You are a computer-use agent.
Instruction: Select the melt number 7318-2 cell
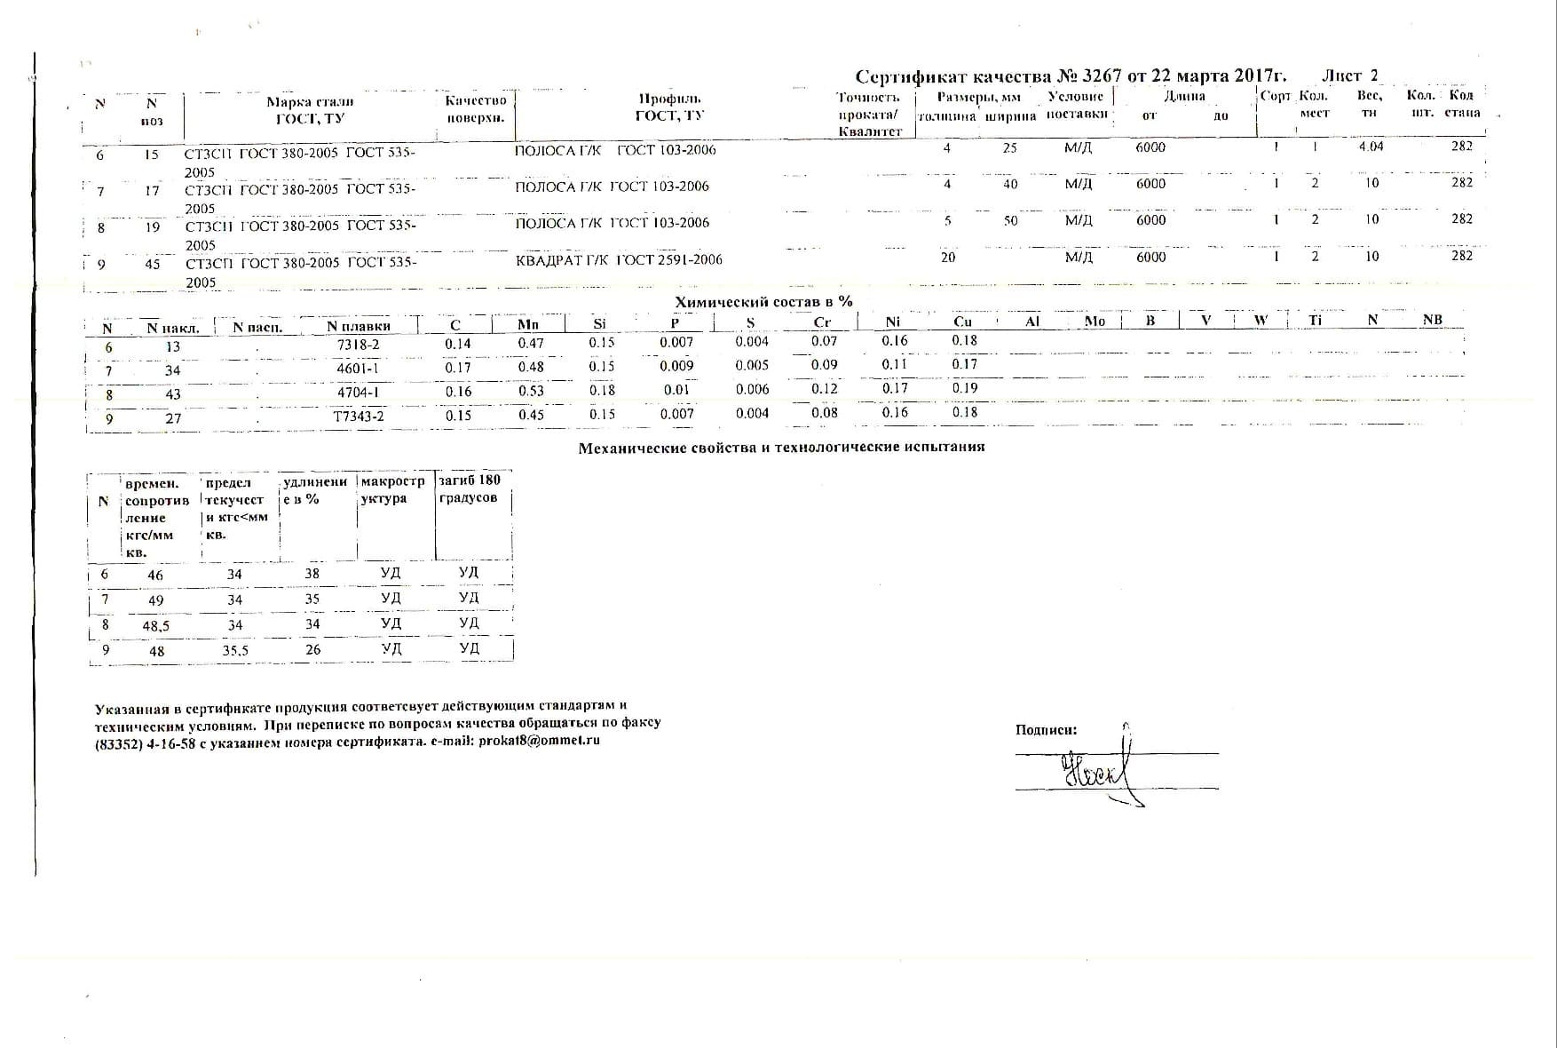click(359, 345)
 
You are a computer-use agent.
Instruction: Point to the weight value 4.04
click(1371, 147)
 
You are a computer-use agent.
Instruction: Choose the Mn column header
click(528, 325)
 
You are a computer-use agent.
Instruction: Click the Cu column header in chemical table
click(962, 322)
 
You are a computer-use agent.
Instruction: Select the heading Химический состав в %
click(763, 302)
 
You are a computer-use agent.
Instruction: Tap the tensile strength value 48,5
click(155, 626)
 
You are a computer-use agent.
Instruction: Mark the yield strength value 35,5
click(235, 651)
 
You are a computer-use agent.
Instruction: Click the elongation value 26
click(312, 650)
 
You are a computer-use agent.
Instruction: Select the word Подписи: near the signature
click(1046, 730)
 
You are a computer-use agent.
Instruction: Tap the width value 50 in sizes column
click(1010, 221)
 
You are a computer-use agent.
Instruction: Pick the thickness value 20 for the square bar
click(948, 258)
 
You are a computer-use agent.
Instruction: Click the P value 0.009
click(676, 366)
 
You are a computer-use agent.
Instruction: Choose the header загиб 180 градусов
click(470, 488)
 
